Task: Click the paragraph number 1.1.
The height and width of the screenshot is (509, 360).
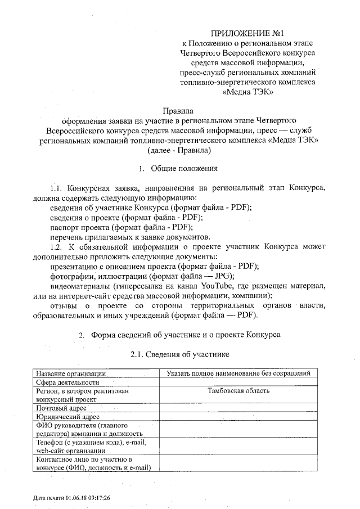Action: [58, 187]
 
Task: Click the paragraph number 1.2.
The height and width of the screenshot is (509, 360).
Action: [58, 246]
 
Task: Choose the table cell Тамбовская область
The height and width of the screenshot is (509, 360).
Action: [238, 390]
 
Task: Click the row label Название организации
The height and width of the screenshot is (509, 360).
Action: [70, 373]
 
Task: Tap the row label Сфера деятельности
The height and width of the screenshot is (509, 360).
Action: [68, 382]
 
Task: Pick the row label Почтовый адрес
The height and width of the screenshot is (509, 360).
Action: [61, 407]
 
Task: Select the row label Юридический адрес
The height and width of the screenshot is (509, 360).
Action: [67, 416]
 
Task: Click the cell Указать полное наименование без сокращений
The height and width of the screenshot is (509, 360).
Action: [238, 373]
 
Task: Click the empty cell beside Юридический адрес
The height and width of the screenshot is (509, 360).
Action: [238, 416]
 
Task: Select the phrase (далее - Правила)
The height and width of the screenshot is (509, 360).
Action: [178, 150]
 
